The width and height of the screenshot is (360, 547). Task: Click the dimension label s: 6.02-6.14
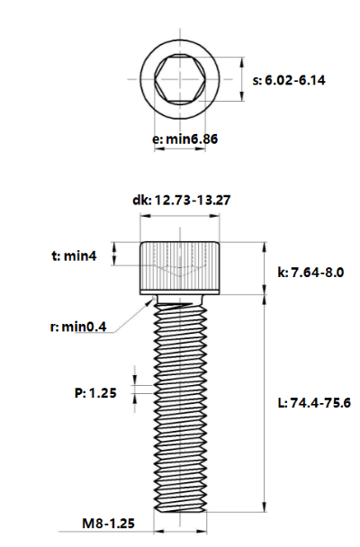[x=289, y=80]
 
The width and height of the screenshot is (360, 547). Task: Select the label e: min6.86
[x=184, y=139]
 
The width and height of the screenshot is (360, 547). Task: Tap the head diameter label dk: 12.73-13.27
[x=182, y=201]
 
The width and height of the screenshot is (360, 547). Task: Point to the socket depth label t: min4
[x=74, y=256]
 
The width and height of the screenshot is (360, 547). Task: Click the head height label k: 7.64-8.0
[x=310, y=272]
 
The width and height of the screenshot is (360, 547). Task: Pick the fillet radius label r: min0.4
[x=78, y=327]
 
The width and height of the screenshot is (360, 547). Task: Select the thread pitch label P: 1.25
[x=95, y=393]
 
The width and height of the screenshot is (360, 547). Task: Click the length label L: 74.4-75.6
[x=314, y=403]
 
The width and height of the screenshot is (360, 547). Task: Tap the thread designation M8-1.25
[x=108, y=524]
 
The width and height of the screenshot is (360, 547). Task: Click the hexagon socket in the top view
[x=180, y=79]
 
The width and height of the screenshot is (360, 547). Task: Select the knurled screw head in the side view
[x=180, y=268]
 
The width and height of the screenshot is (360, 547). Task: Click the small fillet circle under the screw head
[x=154, y=297]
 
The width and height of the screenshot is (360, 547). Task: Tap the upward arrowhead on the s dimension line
[x=242, y=62]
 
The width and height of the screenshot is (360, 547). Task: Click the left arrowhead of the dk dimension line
[x=145, y=216]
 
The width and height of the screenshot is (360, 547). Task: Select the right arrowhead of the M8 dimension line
[x=202, y=532]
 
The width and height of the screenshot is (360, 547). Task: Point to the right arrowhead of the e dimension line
[x=201, y=149]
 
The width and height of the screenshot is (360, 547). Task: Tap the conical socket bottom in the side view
[x=180, y=272]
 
